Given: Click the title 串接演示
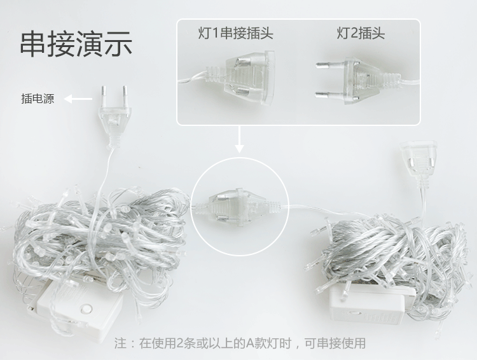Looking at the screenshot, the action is tap(76, 44).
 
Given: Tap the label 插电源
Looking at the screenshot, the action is tap(37, 99).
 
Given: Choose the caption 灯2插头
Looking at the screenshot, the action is tap(361, 33).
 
